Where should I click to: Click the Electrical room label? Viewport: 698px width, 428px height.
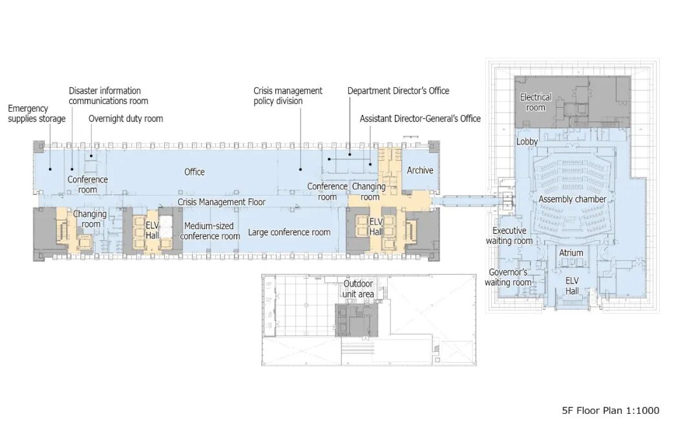pos(536,102)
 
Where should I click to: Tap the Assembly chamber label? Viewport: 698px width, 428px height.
pos(572,199)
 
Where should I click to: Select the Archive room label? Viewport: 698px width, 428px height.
pos(419,170)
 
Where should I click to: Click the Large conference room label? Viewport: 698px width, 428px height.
pos(289,232)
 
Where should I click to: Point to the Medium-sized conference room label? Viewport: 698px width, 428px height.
pos(210,231)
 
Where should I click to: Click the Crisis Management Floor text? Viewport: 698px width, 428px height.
pos(222,202)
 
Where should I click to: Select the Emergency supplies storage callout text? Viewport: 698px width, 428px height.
pos(36,114)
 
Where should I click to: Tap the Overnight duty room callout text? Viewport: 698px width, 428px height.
pos(125,119)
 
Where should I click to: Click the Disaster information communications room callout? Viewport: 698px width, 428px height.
pos(108,96)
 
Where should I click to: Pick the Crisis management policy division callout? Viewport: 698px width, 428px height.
pos(288,96)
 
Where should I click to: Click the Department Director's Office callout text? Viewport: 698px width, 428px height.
pos(398,91)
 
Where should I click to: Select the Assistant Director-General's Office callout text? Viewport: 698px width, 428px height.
pos(420,119)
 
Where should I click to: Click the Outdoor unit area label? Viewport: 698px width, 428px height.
pos(358,289)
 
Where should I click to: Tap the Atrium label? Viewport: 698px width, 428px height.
pos(571,253)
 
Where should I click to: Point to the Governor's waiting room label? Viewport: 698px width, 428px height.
pos(509,278)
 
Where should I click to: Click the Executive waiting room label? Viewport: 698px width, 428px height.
pos(509,236)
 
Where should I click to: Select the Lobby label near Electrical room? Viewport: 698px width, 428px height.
pos(527,141)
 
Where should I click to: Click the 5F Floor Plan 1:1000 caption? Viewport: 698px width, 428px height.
pos(610,411)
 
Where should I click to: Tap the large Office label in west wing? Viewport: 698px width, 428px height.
pos(194,172)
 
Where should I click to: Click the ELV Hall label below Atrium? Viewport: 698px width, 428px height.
pos(572,286)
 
